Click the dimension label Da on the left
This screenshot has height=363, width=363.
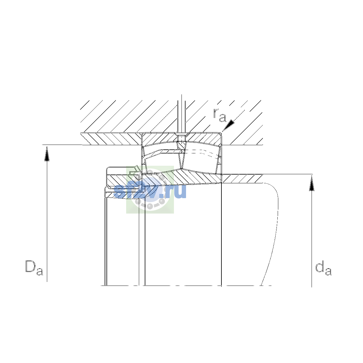[x=34, y=268]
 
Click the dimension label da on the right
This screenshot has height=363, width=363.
[x=323, y=268]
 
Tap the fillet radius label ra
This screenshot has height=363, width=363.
[x=219, y=115]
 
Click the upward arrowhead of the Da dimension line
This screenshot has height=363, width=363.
[x=47, y=154]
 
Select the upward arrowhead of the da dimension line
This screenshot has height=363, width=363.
[x=312, y=183]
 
